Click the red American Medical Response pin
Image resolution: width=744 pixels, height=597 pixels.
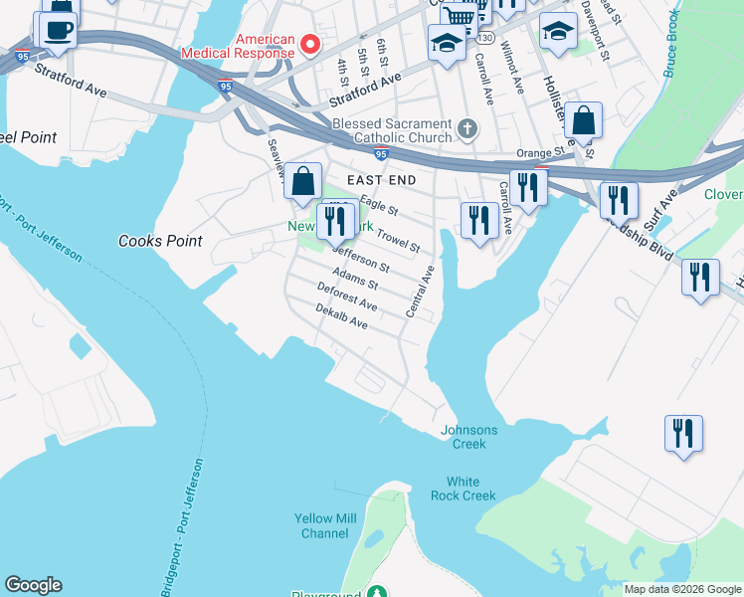point(310,44)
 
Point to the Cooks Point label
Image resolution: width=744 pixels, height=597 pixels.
point(160,241)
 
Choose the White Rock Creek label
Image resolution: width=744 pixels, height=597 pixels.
point(464,489)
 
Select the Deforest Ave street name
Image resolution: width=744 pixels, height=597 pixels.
point(346,296)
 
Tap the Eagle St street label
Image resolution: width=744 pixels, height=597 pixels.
point(378,206)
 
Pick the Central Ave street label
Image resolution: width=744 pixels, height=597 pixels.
point(420,292)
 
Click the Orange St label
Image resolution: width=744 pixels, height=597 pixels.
point(540,153)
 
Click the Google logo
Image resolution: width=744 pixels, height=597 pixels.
point(33,585)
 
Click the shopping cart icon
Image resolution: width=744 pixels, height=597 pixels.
point(459,17)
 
